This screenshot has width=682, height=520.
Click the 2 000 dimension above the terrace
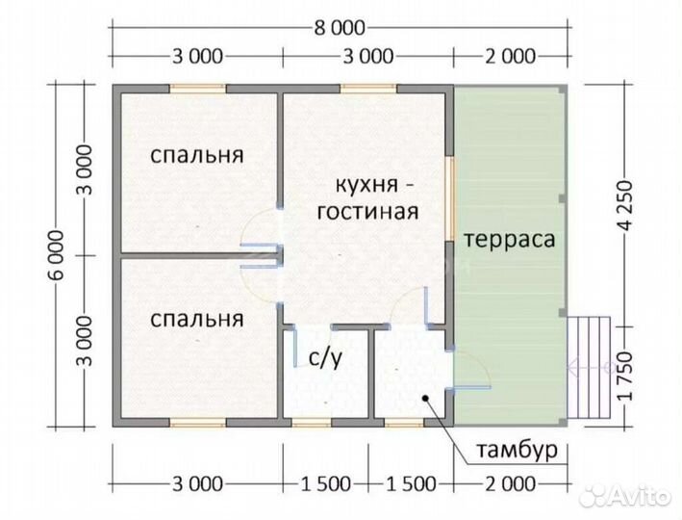click(509, 56)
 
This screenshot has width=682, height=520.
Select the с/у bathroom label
click(325, 358)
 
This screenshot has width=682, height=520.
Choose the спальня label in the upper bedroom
click(197, 155)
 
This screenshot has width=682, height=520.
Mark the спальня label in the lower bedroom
click(197, 317)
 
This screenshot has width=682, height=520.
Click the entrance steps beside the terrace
click(591, 366)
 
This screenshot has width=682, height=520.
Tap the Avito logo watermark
click(629, 497)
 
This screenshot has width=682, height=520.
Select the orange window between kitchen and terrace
click(450, 197)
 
